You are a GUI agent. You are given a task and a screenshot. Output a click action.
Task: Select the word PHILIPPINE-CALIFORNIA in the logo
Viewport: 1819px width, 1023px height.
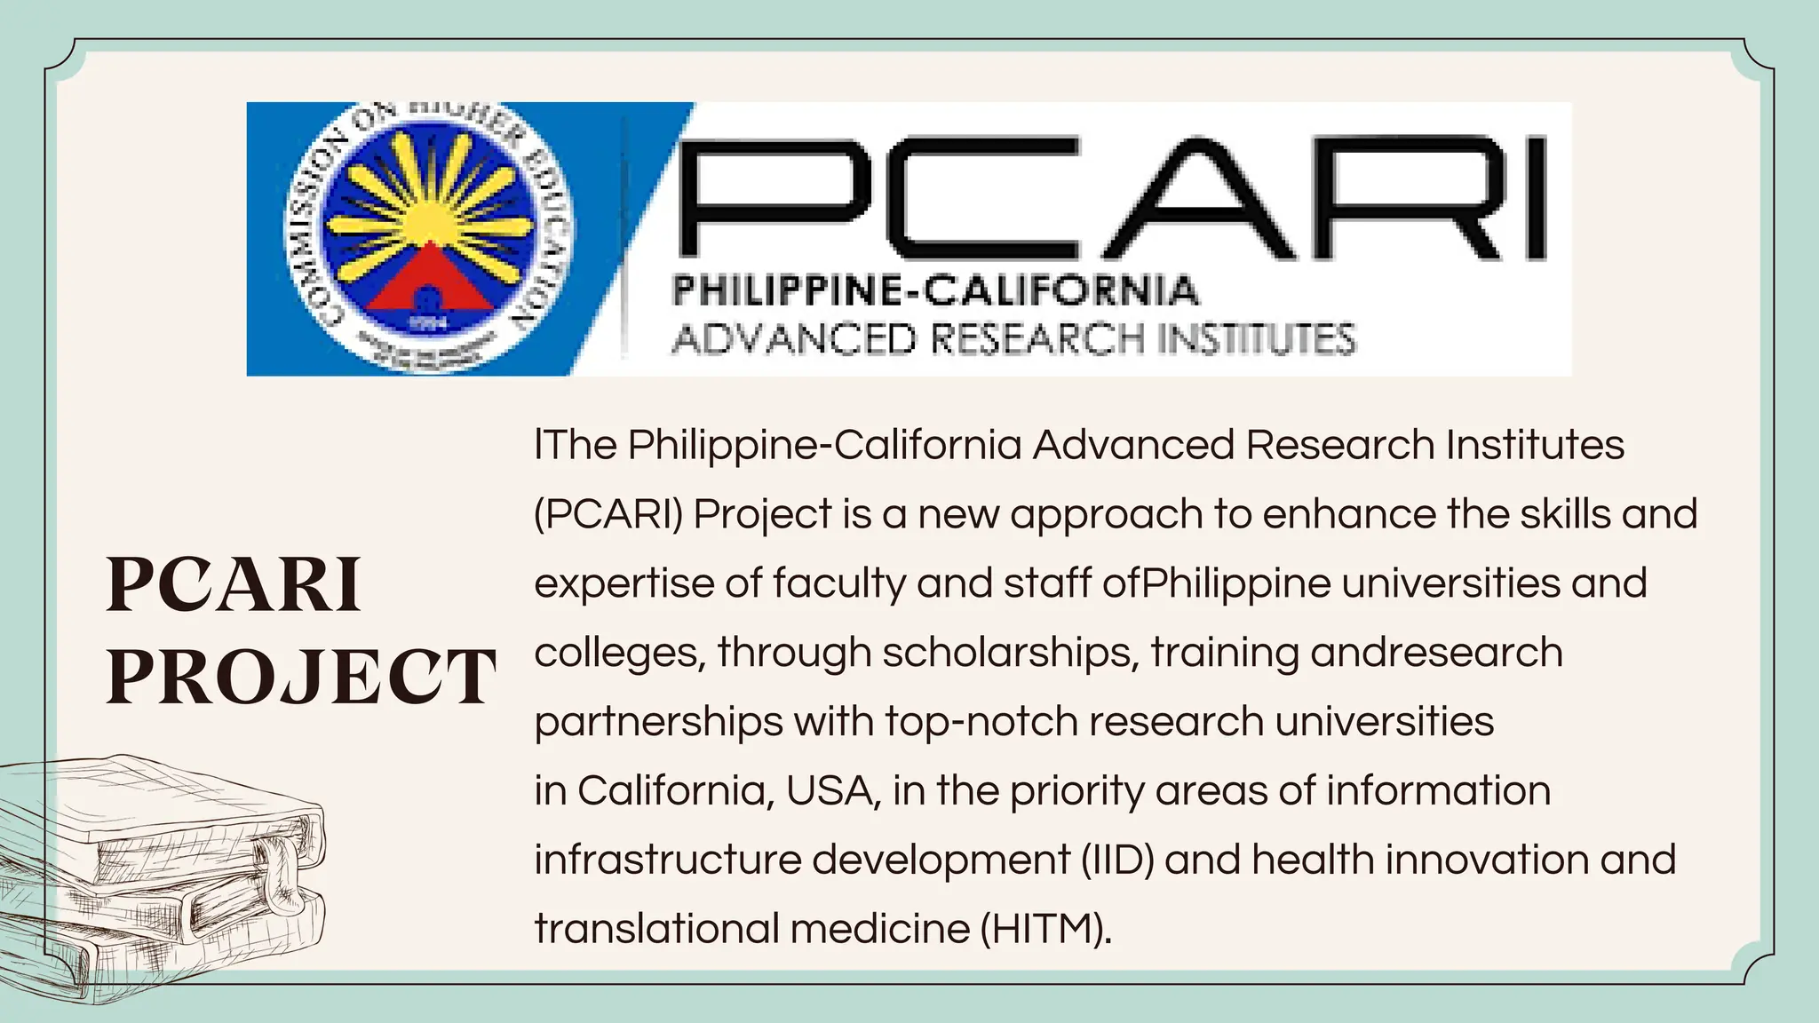[x=935, y=290]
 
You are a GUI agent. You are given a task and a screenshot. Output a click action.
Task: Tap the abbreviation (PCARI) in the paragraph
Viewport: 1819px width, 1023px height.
[x=608, y=514]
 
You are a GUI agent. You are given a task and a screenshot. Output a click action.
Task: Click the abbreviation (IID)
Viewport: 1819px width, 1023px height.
[x=1117, y=860]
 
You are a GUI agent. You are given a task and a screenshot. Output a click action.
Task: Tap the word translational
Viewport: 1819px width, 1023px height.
[x=656, y=929]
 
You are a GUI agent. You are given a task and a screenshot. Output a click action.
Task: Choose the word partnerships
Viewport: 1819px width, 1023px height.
[x=658, y=722]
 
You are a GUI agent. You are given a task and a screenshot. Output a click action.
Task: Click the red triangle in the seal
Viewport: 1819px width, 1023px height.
[x=428, y=287]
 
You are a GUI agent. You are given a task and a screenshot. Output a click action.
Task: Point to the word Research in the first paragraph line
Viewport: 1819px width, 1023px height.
[x=1339, y=445]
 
